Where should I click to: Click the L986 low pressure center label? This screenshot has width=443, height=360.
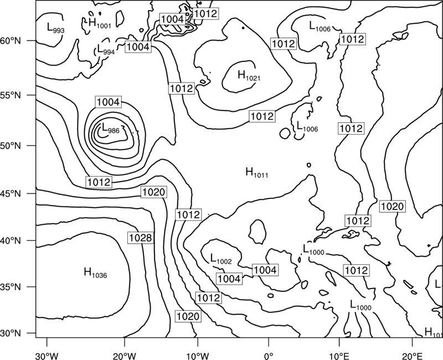coord(110,128)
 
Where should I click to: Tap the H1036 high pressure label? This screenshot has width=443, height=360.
coord(95,272)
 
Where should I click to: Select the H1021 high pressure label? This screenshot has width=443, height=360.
coord(249,76)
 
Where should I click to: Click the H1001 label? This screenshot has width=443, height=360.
coord(100,23)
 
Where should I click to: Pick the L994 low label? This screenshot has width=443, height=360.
coord(106,49)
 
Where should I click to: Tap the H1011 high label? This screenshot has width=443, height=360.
coord(257,172)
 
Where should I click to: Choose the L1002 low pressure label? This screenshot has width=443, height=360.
coord(221,259)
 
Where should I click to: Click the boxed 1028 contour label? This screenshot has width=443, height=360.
coord(141,238)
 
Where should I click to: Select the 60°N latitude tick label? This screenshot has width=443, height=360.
coord(11,41)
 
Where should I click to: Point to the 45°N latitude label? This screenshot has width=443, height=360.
coord(11,194)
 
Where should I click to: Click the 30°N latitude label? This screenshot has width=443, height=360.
coord(11,333)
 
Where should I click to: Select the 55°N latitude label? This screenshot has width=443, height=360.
coord(11,95)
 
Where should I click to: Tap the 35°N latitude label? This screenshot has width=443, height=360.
coord(11,287)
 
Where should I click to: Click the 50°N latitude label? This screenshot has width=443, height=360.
coord(11,146)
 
